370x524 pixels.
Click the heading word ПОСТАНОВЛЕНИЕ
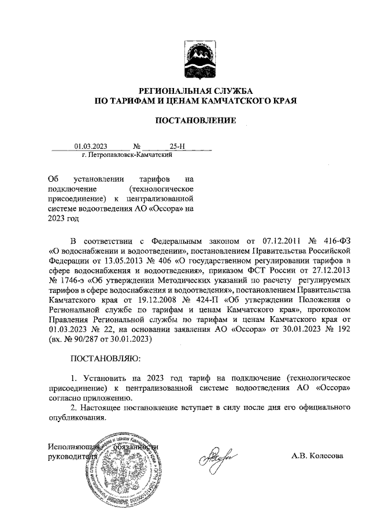pos(195,120)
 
